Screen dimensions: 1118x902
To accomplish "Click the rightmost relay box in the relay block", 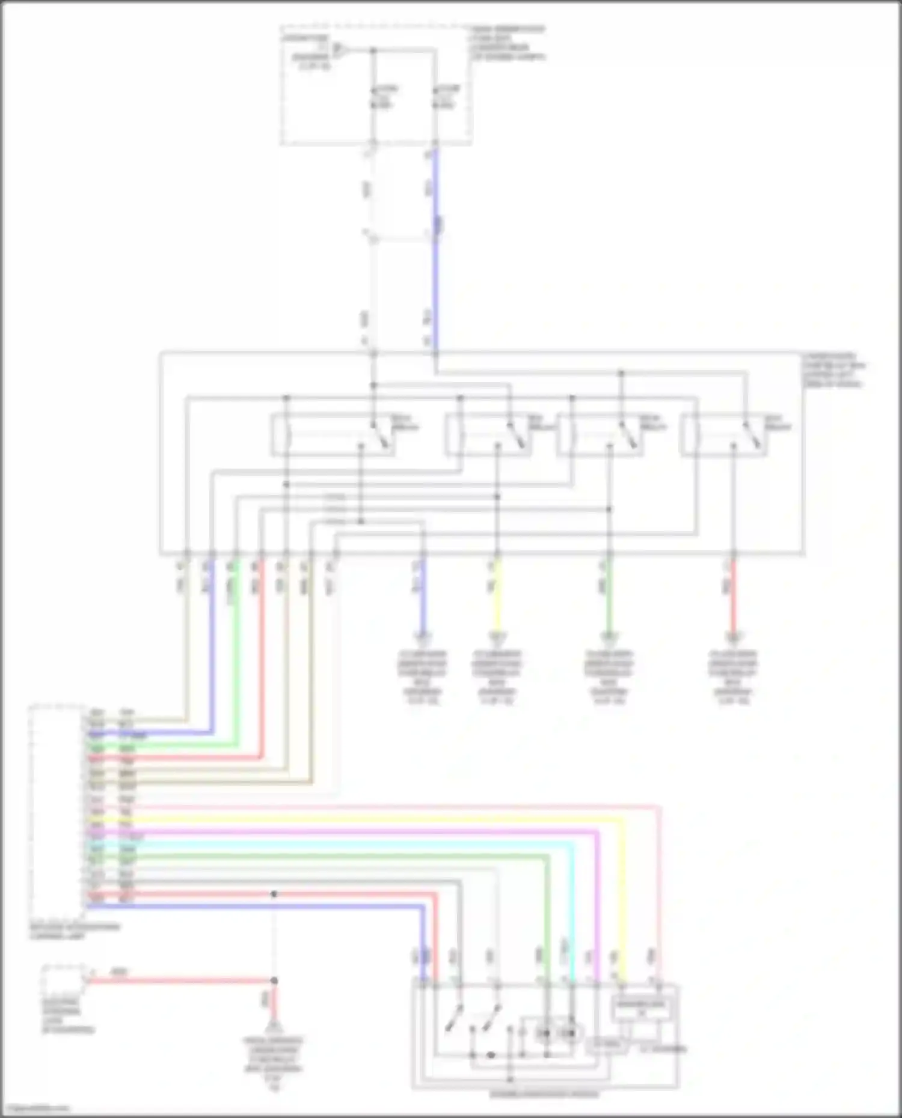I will pyautogui.click(x=723, y=435).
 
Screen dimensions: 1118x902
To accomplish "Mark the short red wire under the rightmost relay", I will pyautogui.click(x=733, y=601).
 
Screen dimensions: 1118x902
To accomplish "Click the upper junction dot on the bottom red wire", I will pyautogui.click(x=274, y=894).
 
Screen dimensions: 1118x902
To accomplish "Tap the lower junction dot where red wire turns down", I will pyautogui.click(x=274, y=980).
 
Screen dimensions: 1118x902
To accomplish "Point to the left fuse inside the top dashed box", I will pyautogui.click(x=373, y=96).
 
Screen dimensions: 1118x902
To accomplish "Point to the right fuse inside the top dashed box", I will pyautogui.click(x=435, y=96).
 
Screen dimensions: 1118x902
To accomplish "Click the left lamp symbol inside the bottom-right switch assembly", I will pyautogui.click(x=545, y=1034).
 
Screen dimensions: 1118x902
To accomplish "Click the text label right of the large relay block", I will pyautogui.click(x=833, y=370).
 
